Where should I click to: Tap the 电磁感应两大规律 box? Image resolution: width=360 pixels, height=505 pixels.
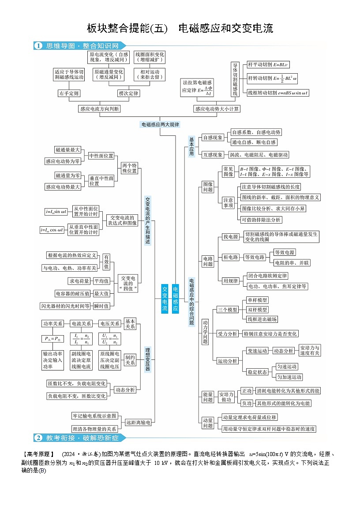pyautogui.click(x=161, y=124)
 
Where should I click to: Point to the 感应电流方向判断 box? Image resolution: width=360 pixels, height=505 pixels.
pyautogui.click(x=99, y=108)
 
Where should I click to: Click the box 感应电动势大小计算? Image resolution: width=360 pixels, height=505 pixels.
pyautogui.click(x=217, y=108)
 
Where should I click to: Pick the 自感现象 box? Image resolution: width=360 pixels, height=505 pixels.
pyautogui.click(x=213, y=138)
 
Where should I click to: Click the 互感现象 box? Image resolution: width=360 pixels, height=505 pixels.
pyautogui.click(x=213, y=155)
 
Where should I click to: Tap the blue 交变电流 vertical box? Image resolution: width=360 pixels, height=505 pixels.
pyautogui.click(x=164, y=299)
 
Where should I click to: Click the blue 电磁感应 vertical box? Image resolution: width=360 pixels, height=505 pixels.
pyautogui.click(x=176, y=299)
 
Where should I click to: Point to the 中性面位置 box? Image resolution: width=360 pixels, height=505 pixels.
pyautogui.click(x=101, y=156)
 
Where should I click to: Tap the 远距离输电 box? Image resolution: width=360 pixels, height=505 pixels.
pyautogui.click(x=139, y=423)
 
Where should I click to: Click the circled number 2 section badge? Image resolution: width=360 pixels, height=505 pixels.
pyautogui.click(x=38, y=438)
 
